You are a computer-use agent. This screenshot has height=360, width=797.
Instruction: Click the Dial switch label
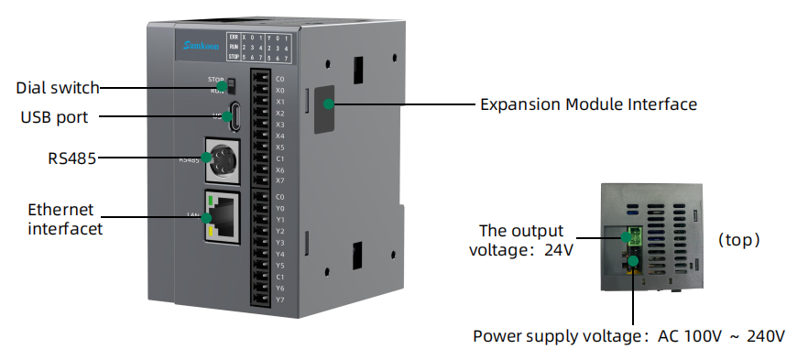pyautogui.click(x=58, y=88)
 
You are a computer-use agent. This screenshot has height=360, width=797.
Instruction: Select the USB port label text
pyautogui.click(x=54, y=117)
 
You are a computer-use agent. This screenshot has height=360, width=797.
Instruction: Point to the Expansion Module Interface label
pyautogui.click(x=588, y=104)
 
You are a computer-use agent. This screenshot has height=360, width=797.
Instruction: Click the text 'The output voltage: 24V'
pyautogui.click(x=521, y=239)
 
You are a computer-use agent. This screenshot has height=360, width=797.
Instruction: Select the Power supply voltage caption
pyautogui.click(x=628, y=335)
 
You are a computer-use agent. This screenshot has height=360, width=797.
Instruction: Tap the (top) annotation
pyautogui.click(x=739, y=240)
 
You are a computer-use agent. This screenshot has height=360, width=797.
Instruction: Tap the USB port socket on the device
pyautogui.click(x=235, y=116)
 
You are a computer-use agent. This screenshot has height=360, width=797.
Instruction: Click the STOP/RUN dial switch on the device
pyautogui.click(x=231, y=87)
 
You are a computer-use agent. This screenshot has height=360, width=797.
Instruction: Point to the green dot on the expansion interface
pyautogui.click(x=326, y=104)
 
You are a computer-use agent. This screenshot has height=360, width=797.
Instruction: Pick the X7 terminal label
pyautogui.click(x=279, y=180)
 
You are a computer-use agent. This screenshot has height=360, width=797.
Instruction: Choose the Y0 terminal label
pyautogui.click(x=279, y=208)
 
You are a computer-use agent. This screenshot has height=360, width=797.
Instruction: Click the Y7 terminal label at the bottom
pyautogui.click(x=279, y=299)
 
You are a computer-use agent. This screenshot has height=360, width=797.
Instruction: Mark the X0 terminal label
pyautogui.click(x=279, y=91)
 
